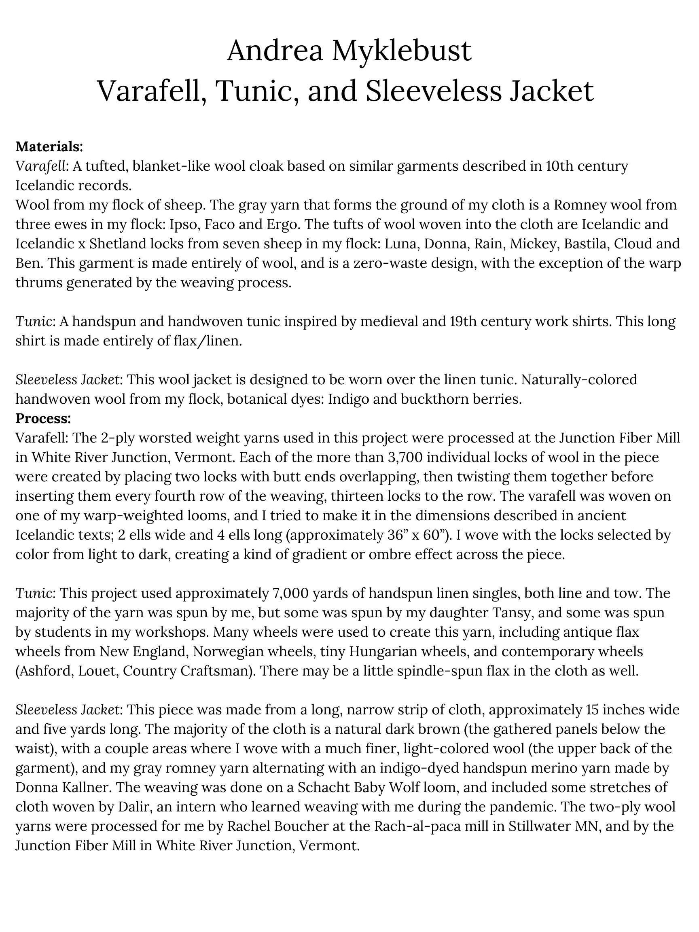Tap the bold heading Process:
[x=43, y=418]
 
